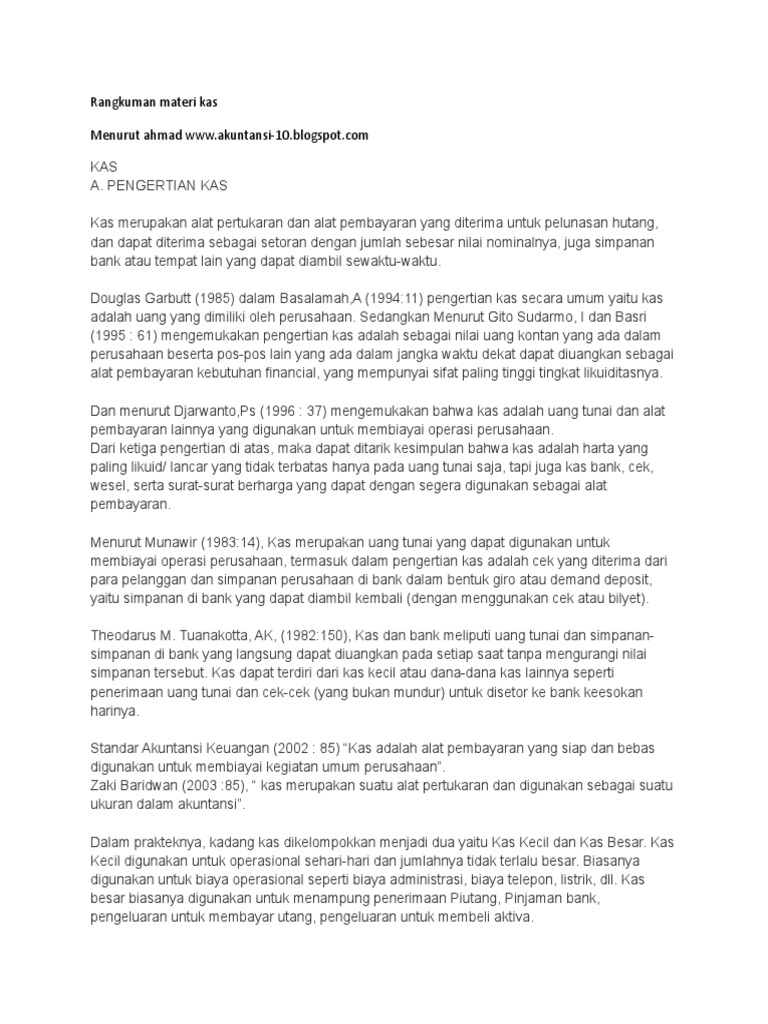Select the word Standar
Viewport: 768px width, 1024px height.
tap(114, 747)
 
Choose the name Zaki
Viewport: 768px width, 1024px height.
tap(105, 785)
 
